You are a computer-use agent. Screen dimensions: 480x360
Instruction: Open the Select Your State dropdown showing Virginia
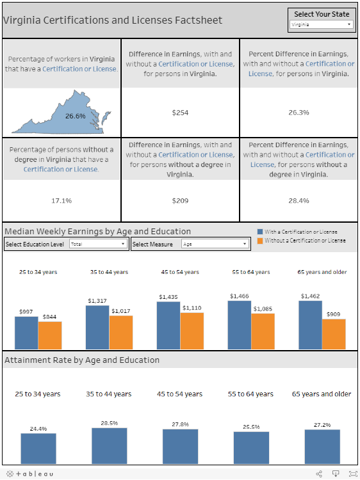pos(321,24)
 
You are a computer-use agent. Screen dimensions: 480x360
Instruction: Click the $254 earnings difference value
pos(180,113)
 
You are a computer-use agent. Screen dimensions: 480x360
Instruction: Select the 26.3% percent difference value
pos(299,113)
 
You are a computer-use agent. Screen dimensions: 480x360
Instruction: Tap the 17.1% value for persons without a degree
pos(61,201)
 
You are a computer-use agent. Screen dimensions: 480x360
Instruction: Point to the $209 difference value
pos(180,201)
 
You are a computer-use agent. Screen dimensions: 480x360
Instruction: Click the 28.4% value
pos(299,201)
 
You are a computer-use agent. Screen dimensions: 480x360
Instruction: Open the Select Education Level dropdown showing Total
pos(98,244)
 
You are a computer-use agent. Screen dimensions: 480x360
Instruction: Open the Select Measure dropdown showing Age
pos(215,244)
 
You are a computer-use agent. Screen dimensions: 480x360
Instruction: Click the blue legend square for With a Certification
pos(259,232)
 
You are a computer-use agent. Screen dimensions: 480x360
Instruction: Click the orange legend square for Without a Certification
pos(259,241)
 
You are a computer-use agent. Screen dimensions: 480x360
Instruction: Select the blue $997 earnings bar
pos(26,331)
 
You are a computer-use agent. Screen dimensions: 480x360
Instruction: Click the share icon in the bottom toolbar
pos(319,474)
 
